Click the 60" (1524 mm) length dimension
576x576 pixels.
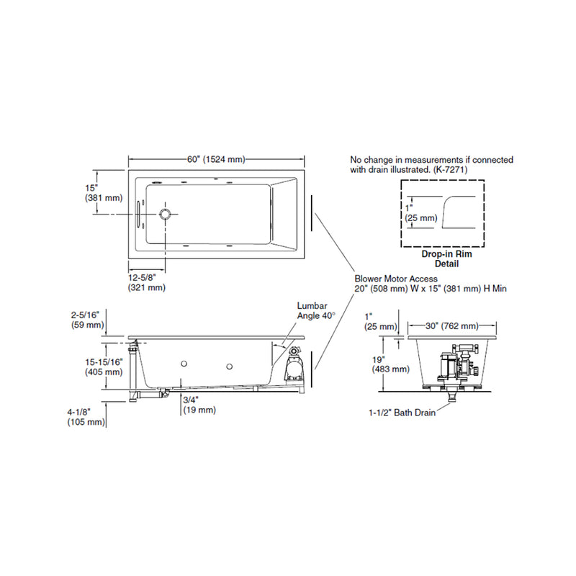tap(215, 159)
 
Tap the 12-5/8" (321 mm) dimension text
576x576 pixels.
tap(147, 282)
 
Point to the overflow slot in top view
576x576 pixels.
tap(138, 214)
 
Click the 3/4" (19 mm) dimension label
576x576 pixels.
tap(199, 405)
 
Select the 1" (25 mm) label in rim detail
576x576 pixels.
tap(420, 212)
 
